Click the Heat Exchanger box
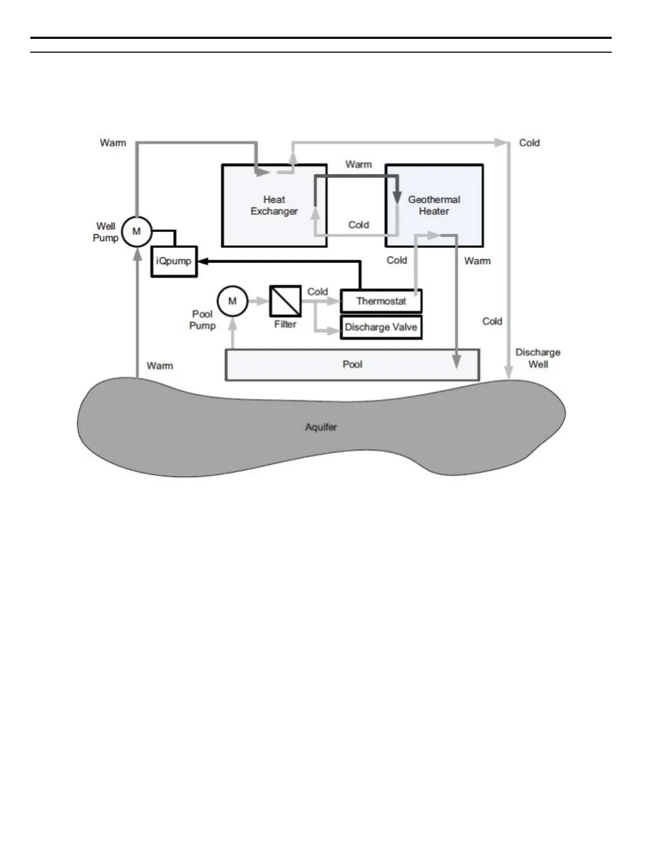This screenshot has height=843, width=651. [274, 205]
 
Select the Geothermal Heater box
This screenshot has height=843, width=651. [434, 205]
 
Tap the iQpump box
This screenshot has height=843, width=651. [174, 261]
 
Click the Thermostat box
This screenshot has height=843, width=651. [381, 301]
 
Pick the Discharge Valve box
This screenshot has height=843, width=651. [381, 327]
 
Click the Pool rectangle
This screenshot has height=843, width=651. [352, 365]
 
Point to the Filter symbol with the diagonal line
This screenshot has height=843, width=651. [286, 301]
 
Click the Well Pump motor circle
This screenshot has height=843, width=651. [137, 232]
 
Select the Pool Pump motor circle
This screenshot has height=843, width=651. [232, 301]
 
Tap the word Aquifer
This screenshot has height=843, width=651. [321, 427]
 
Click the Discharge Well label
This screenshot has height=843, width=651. [538, 358]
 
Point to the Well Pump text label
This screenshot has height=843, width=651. [106, 232]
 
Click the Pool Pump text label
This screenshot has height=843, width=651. [203, 320]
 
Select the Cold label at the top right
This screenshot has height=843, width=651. [529, 143]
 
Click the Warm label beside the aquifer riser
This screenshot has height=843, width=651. [160, 366]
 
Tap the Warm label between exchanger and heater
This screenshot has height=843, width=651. [358, 164]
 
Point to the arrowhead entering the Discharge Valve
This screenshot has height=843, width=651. [335, 331]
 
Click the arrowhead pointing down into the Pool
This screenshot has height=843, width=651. [456, 362]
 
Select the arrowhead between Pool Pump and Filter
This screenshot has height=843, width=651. [264, 301]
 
